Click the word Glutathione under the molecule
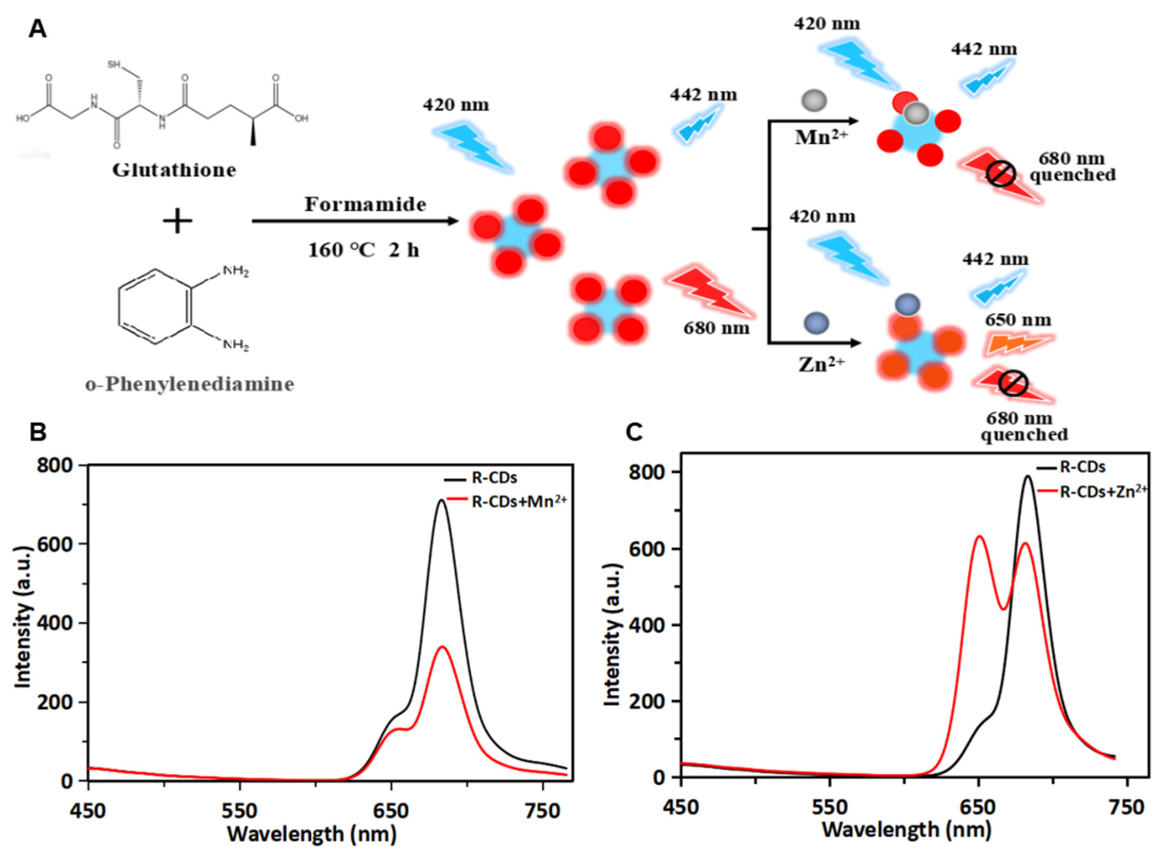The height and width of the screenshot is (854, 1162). click(174, 170)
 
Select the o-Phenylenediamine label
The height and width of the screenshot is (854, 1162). click(190, 384)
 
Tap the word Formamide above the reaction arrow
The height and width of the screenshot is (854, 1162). click(365, 205)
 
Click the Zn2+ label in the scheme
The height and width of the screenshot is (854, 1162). click(821, 364)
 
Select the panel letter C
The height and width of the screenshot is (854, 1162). click(634, 432)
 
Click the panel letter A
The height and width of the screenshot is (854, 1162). click(37, 29)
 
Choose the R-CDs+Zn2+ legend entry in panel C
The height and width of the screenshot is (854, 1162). click(1103, 491)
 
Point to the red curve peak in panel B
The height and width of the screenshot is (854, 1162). click(443, 647)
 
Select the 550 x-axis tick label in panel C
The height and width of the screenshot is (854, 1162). click(829, 807)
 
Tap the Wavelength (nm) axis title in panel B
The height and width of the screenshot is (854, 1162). click(312, 833)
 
